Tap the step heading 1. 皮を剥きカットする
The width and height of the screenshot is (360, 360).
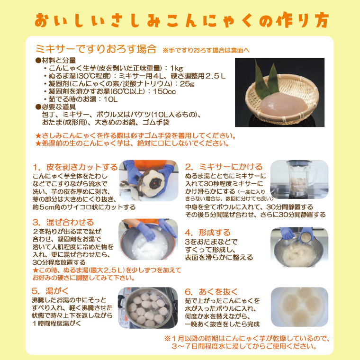[x=75, y=167]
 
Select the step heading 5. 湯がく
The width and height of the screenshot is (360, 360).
[x=54, y=291]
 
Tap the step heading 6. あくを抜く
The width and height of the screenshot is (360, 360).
[x=211, y=291]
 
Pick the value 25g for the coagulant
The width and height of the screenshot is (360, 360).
[x=187, y=83]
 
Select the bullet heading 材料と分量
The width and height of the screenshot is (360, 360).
[x=55, y=60]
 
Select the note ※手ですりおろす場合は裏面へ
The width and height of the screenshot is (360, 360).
[x=206, y=49]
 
